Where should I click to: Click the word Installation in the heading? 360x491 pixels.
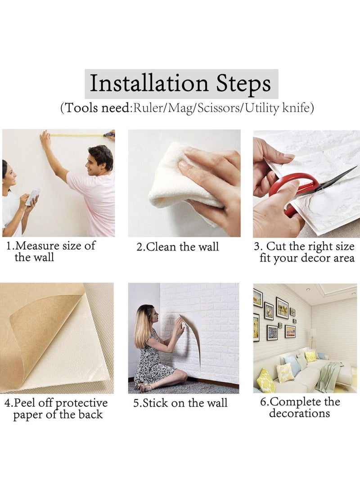[149, 83]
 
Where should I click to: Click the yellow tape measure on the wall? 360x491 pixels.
[78, 135]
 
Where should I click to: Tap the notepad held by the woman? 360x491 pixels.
[32, 197]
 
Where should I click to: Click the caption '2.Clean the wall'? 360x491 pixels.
[177, 247]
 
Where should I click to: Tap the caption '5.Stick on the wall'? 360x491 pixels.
[180, 403]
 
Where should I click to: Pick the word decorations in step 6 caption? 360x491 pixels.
[300, 413]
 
